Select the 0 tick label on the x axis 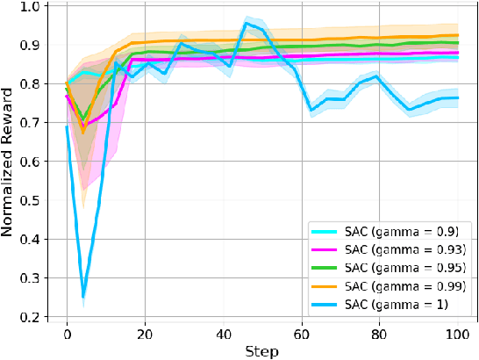[x=67, y=334]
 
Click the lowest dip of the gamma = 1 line [x=82, y=297]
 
